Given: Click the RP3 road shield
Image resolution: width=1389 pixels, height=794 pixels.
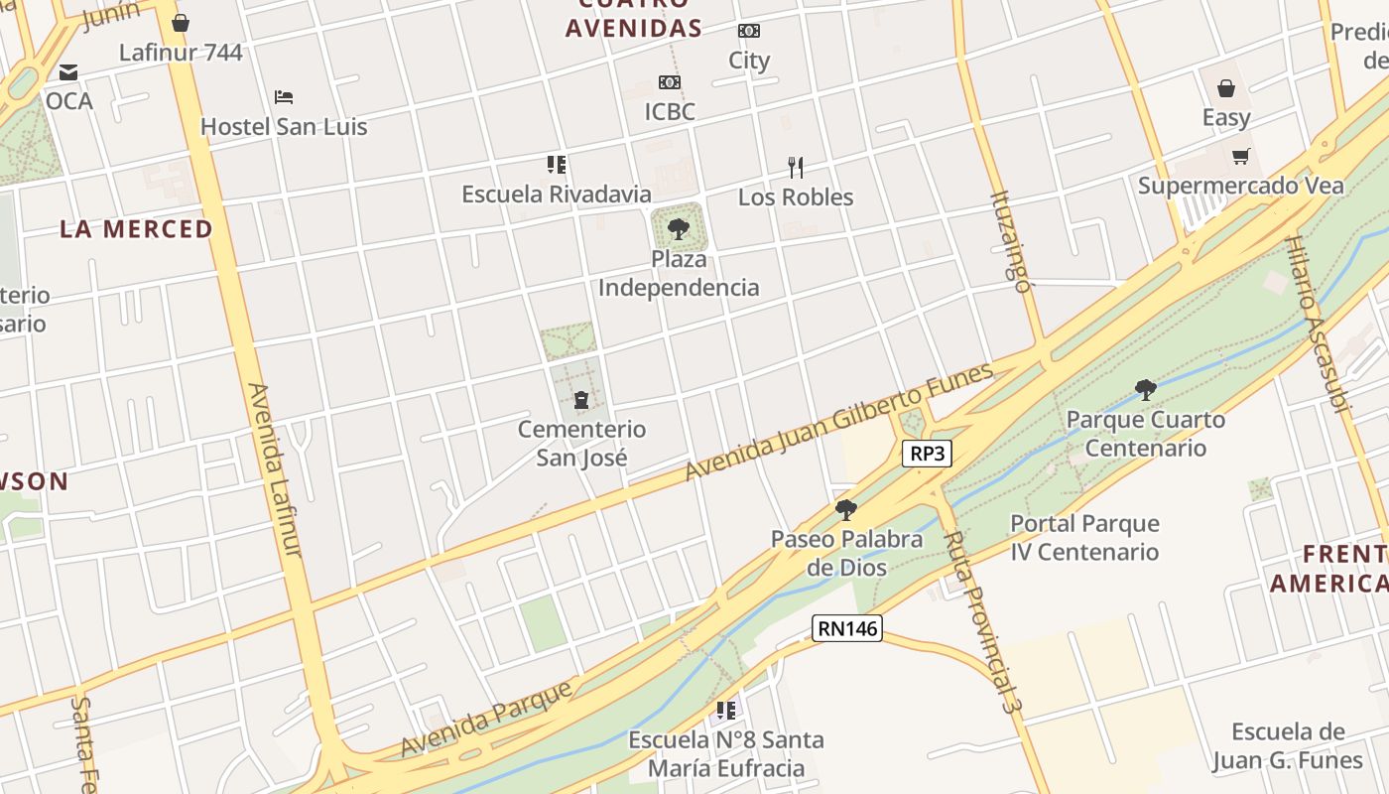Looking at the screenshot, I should click(x=928, y=454).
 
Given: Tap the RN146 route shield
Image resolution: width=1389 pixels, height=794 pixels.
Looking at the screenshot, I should click(x=847, y=627).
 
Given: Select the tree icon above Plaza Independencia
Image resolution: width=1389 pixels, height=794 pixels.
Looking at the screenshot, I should click(x=679, y=229).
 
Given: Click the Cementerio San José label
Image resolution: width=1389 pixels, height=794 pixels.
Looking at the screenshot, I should click(x=581, y=443).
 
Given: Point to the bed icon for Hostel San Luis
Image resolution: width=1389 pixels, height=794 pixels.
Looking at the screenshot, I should click(x=284, y=97).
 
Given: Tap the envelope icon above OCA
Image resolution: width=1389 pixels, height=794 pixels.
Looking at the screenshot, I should click(x=68, y=72).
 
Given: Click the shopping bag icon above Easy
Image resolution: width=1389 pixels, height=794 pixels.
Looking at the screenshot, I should click(x=1226, y=88).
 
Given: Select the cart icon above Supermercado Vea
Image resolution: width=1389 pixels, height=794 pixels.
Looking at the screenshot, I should click(x=1240, y=156).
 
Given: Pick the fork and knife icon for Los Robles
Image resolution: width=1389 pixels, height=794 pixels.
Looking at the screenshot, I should click(x=795, y=167).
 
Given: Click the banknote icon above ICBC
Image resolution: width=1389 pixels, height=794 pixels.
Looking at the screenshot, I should click(x=670, y=82).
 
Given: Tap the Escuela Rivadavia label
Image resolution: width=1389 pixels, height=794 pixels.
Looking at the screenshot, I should click(x=557, y=194).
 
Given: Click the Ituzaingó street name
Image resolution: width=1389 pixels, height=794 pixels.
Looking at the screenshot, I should click(x=1011, y=241).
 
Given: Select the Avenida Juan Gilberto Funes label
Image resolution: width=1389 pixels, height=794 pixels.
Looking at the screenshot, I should click(x=839, y=422).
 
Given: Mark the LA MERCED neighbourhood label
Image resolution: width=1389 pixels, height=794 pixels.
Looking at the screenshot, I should click(x=136, y=228).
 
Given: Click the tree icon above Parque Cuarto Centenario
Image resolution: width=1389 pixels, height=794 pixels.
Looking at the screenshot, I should click(x=1145, y=389).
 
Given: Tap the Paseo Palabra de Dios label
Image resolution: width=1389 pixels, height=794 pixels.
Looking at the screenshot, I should click(x=846, y=553).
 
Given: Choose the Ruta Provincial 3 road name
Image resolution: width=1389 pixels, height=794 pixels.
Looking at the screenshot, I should click(x=981, y=621).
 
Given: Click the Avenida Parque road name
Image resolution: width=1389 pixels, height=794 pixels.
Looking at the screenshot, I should click(x=487, y=718).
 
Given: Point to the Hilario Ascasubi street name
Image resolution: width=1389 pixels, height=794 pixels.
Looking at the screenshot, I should click(x=1318, y=322).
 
